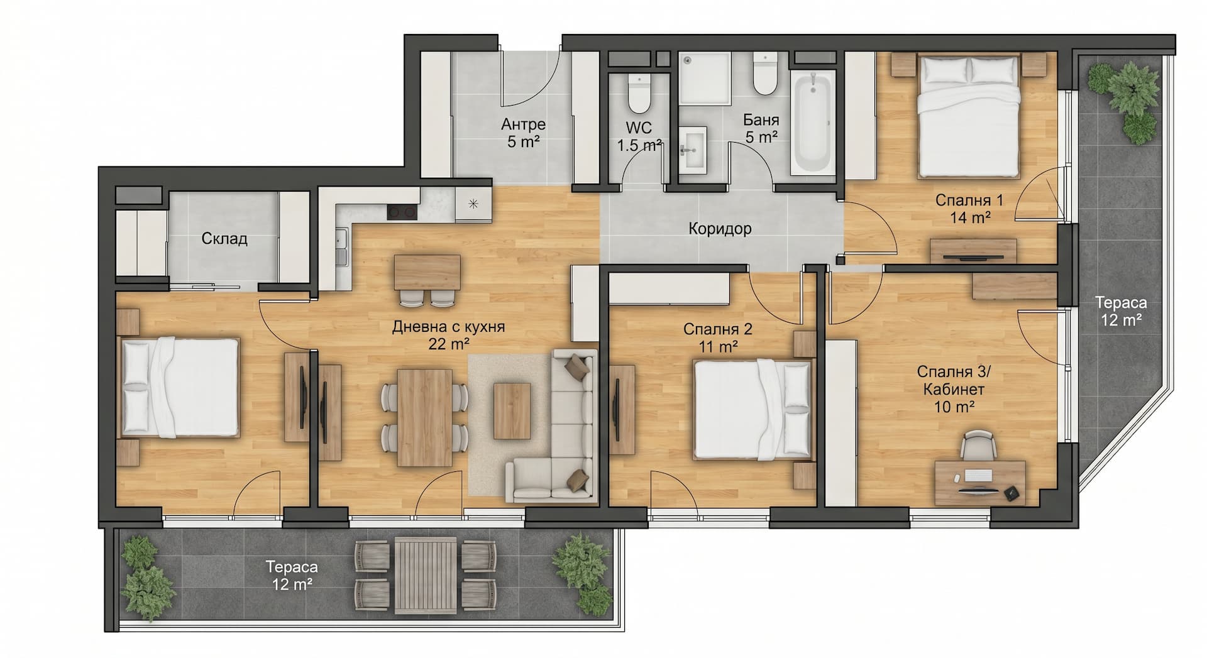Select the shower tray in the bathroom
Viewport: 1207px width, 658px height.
tap(704, 79)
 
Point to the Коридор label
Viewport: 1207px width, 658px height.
tap(720, 229)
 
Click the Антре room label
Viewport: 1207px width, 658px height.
tap(523, 124)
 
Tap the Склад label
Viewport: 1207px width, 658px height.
tap(224, 239)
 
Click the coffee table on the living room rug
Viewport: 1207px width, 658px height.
tap(512, 410)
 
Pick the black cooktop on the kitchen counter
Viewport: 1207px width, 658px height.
tap(402, 212)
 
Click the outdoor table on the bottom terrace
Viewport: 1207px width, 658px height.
tap(426, 576)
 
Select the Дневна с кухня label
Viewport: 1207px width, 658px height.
tap(448, 327)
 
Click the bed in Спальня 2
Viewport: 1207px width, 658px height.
tap(752, 409)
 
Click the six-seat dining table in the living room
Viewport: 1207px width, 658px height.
tap(425, 417)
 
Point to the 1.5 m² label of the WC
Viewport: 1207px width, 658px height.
tap(639, 145)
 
